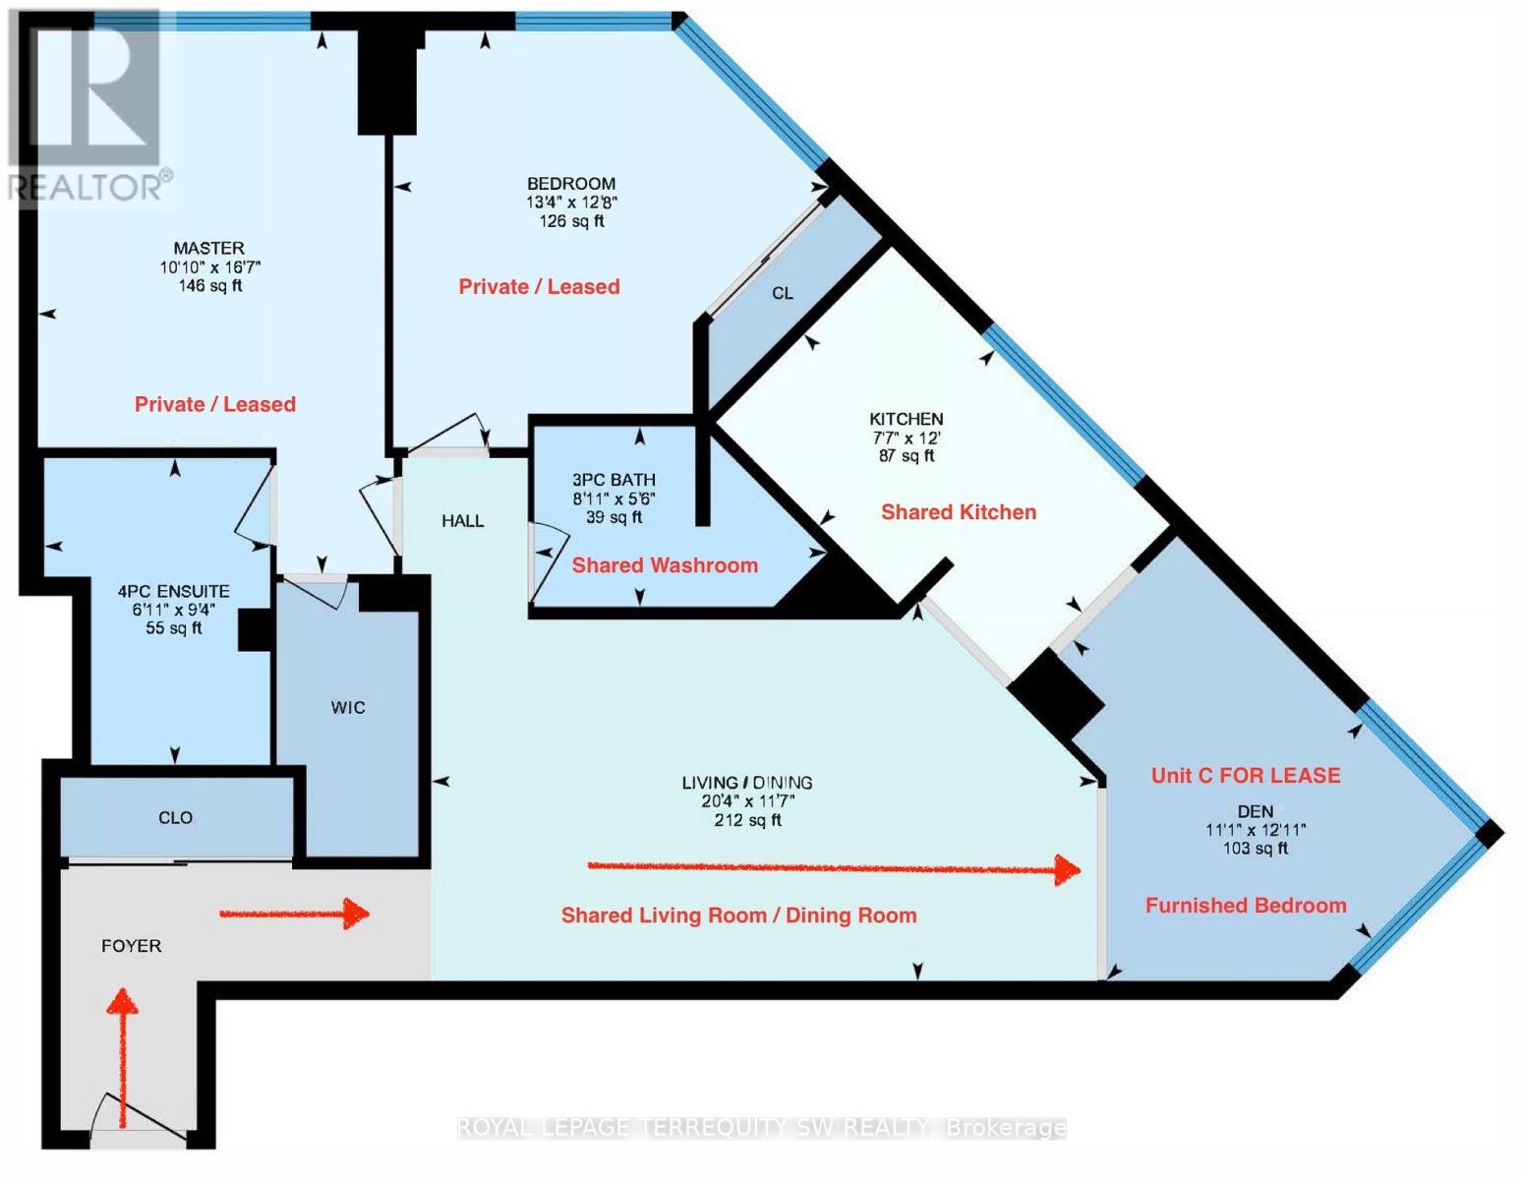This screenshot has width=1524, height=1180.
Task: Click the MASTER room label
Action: click(209, 248)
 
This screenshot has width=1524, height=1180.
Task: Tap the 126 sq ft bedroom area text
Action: click(571, 221)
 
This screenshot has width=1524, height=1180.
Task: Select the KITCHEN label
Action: click(907, 419)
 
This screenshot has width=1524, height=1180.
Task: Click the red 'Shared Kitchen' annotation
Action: click(959, 512)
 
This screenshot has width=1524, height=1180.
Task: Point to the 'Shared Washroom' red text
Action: click(665, 565)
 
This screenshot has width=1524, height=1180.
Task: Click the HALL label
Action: click(463, 521)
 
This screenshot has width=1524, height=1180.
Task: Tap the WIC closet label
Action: click(348, 708)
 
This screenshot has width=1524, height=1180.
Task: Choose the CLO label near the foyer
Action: click(175, 818)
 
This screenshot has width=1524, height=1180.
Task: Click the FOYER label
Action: click(131, 947)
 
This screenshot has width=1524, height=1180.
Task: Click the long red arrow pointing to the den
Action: click(835, 869)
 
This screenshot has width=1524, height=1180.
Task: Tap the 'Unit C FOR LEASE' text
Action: click(1246, 776)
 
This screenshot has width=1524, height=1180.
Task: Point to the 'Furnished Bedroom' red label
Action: click(1247, 906)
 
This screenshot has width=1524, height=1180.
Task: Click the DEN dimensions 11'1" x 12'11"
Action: click(1256, 830)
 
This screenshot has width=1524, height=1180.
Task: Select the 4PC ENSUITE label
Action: click(173, 592)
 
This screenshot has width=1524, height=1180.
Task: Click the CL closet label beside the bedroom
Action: click(783, 294)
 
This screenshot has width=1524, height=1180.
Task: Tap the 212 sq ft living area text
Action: click(747, 820)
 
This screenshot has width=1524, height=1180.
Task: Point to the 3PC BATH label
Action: click(614, 480)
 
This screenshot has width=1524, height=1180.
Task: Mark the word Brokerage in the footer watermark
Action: click(1007, 1129)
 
